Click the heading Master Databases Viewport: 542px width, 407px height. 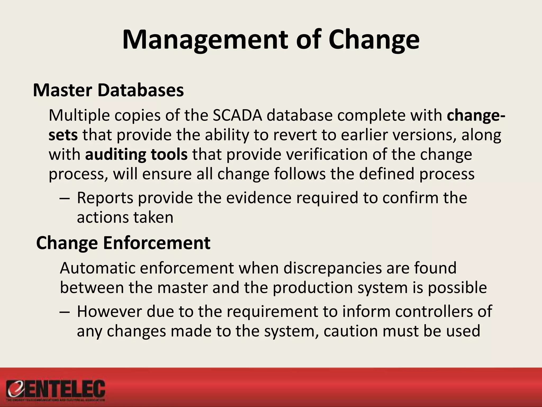click(x=108, y=90)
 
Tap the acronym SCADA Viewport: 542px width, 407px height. click(x=237, y=116)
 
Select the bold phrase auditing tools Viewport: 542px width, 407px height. click(x=136, y=155)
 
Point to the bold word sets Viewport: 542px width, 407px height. click(x=63, y=135)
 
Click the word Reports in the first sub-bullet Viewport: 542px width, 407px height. click(x=105, y=198)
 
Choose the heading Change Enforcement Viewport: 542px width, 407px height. click(x=123, y=243)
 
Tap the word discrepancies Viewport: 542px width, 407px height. click(x=332, y=268)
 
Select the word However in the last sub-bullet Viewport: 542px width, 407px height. click(x=109, y=312)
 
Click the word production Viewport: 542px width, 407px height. click(x=313, y=288)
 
